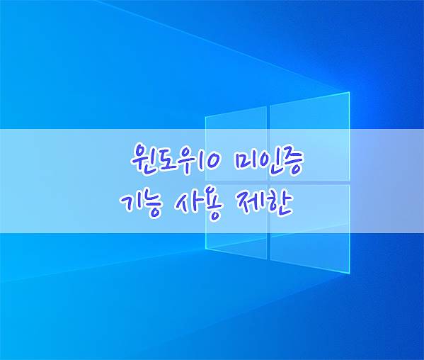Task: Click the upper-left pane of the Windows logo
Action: pos(236,143)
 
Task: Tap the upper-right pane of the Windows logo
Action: pos(310,137)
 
